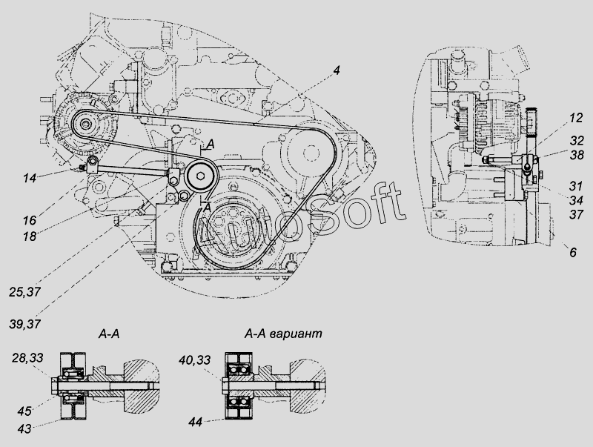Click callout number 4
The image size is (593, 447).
(337, 70)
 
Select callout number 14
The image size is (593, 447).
(29, 178)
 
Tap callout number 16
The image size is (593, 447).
(29, 219)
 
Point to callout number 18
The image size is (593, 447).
(29, 236)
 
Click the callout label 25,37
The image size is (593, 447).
(24, 292)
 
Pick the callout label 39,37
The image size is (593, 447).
(24, 324)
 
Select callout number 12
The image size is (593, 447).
(576, 118)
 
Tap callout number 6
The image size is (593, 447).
(573, 252)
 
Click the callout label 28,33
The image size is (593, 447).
(27, 357)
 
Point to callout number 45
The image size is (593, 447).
(24, 411)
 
